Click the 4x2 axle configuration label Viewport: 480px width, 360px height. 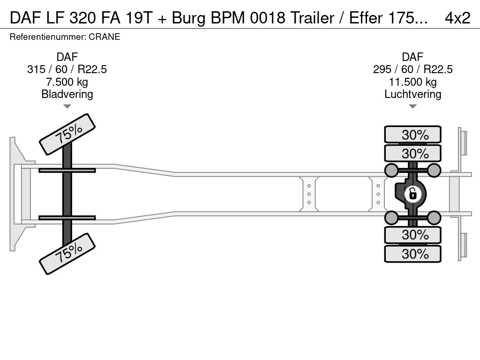(457, 17)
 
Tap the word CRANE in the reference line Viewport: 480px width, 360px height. (108, 37)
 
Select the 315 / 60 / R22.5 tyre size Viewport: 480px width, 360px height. (67, 69)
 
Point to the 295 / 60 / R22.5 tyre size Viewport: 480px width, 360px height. (412, 69)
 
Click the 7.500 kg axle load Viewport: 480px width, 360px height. (67, 82)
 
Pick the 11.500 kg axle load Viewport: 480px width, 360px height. (412, 82)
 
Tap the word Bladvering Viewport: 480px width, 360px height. (67, 94)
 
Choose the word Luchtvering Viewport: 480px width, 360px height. (412, 94)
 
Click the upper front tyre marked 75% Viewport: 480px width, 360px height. (67, 134)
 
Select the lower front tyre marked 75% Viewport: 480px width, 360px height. (67, 254)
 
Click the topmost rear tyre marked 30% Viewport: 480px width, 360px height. (413, 135)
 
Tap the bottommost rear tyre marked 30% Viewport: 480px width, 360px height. (413, 254)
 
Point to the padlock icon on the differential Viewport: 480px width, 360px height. (412, 194)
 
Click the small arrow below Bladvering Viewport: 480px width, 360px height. (67, 106)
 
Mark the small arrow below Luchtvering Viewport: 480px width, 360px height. (412, 106)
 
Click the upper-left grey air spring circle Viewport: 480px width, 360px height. (391, 170)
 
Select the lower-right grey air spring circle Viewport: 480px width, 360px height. (434, 217)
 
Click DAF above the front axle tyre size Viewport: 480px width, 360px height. (67, 57)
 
